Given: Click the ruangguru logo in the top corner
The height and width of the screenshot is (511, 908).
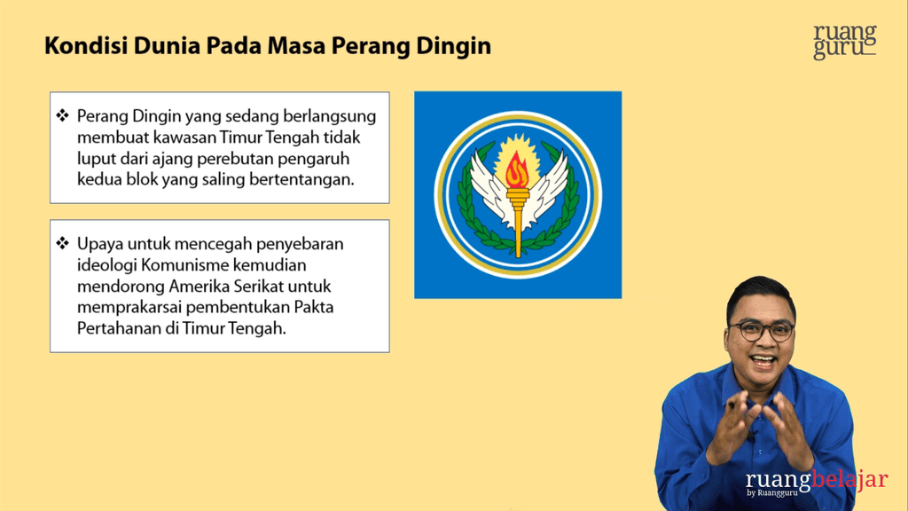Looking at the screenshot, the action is [x=844, y=42].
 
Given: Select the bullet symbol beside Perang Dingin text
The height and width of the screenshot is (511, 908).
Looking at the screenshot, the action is [x=63, y=116].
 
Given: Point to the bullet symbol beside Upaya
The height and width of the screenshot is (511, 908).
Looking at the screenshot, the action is [x=63, y=243].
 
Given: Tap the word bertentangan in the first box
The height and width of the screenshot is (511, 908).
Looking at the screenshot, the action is [x=301, y=179].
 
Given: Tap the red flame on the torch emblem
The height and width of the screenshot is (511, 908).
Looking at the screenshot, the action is [x=517, y=170].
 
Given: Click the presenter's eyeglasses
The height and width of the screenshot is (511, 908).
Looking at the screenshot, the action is [x=761, y=331].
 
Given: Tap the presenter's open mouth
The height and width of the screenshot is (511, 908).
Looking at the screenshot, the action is [x=763, y=362].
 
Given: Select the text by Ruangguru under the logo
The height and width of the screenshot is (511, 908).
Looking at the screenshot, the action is [x=772, y=493].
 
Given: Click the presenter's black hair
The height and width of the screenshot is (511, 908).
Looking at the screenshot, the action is [x=760, y=292].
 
